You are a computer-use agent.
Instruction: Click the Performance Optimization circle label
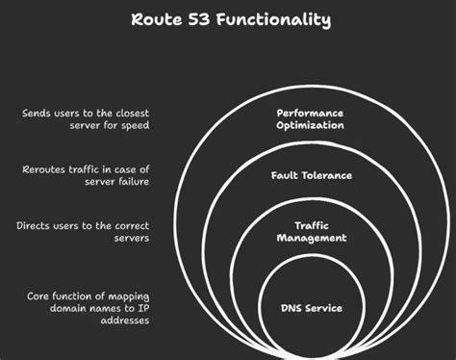(311, 118)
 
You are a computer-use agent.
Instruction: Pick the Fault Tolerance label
(311, 175)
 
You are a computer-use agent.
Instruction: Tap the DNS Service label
(311, 308)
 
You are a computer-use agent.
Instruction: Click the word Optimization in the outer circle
(311, 125)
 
